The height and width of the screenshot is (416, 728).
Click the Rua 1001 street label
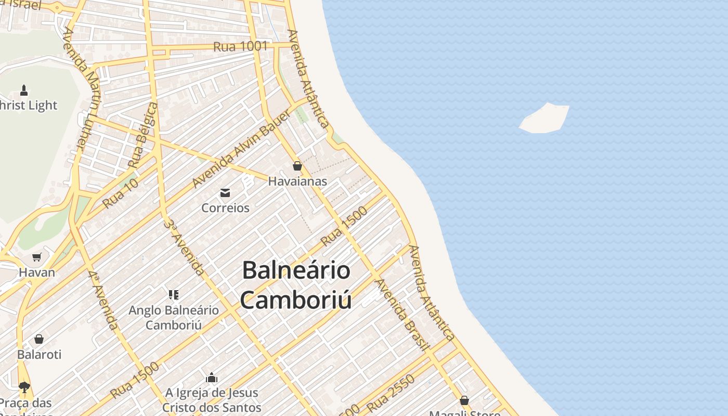(x=240, y=46)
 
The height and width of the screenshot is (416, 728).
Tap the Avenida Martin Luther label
(x=81, y=88)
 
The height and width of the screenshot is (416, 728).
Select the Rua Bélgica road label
(x=142, y=135)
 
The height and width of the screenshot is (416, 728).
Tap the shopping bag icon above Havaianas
(x=297, y=166)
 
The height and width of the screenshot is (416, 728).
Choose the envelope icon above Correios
(x=225, y=193)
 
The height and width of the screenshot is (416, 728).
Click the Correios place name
(x=225, y=208)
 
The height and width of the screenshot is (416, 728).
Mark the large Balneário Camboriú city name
(x=296, y=285)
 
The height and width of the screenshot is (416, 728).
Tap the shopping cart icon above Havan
(x=36, y=257)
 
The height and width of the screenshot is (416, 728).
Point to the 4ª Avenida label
(x=102, y=300)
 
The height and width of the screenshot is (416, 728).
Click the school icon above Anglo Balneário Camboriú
(x=174, y=295)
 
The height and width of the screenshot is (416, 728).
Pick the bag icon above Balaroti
(x=39, y=340)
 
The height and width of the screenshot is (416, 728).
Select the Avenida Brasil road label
(x=402, y=315)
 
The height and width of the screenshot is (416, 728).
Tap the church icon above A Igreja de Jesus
(x=212, y=378)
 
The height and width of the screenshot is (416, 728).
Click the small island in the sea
(x=545, y=119)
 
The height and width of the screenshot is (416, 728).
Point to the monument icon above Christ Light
(x=24, y=90)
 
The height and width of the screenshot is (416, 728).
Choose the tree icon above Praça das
(x=24, y=387)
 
